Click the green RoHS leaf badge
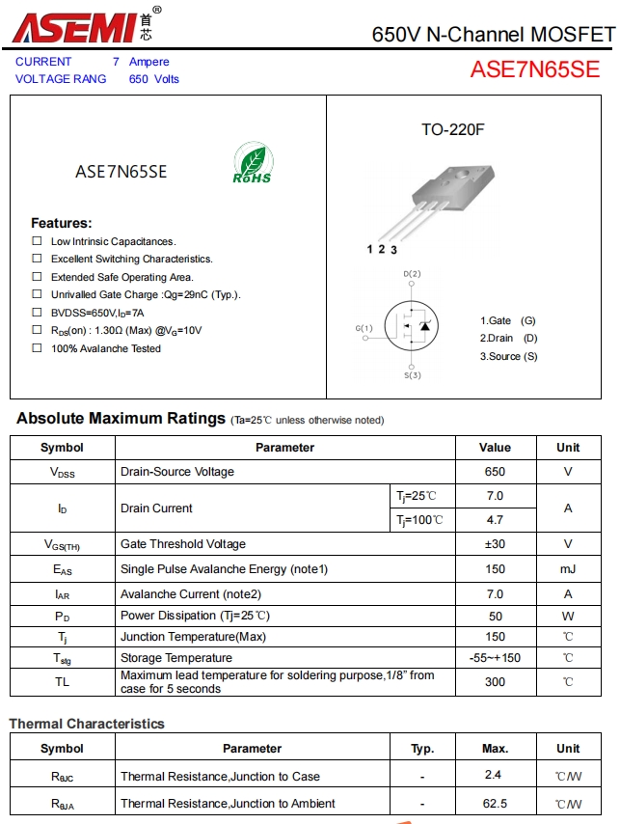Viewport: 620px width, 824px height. click(x=252, y=164)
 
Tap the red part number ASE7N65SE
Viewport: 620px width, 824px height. click(x=534, y=69)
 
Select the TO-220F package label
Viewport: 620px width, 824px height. click(x=452, y=129)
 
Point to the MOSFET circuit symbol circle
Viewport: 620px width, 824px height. click(x=412, y=326)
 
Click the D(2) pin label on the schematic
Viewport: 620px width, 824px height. click(x=412, y=274)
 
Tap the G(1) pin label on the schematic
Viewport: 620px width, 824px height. click(x=364, y=328)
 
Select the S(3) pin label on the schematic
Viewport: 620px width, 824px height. click(x=412, y=375)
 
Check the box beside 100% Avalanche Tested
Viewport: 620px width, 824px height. click(x=37, y=348)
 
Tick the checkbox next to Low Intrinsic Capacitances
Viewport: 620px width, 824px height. click(x=37, y=241)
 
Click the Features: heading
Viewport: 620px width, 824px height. click(x=61, y=223)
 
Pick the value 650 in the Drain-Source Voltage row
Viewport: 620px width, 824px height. click(x=495, y=472)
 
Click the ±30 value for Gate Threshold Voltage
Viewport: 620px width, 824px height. click(x=495, y=544)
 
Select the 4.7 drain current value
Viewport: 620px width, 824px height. click(x=495, y=520)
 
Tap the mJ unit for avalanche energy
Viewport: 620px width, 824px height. click(x=568, y=569)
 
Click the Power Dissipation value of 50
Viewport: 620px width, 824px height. click(x=495, y=616)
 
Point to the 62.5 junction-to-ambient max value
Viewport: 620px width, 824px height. click(x=495, y=803)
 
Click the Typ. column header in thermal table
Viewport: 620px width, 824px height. click(x=422, y=748)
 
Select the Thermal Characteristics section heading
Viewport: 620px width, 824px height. click(x=87, y=724)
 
